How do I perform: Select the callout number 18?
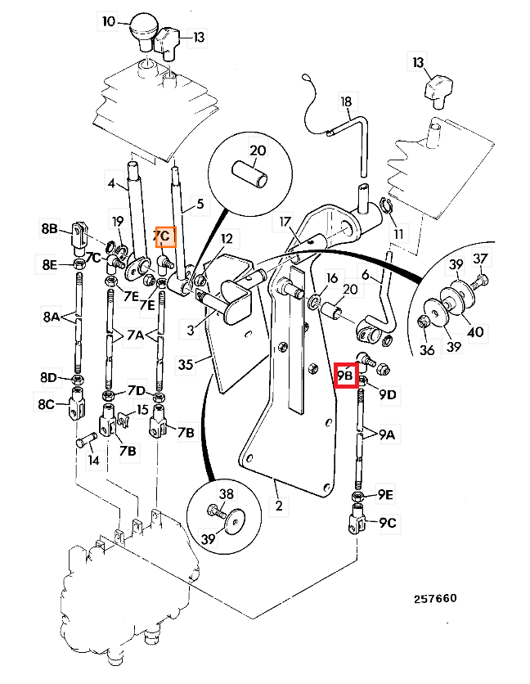pos(346,102)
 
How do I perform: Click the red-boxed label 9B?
pos(345,375)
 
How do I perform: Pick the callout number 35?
pos(186,365)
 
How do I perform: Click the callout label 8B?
pos(51,231)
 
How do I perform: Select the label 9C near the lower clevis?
pos(387,522)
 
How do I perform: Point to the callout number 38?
pos(226,494)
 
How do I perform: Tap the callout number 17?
pos(285,222)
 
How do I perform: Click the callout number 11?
pos(398,235)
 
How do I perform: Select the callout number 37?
pos(480,259)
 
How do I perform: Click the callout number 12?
pos(227,239)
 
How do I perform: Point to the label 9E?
pos(386,495)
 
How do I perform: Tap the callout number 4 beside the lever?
pos(111,185)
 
